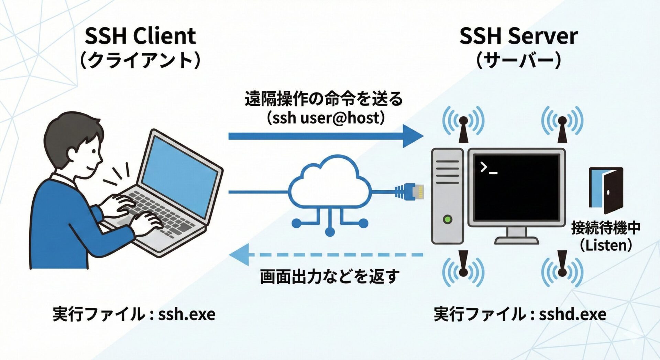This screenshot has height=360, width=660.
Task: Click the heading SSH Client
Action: pos(140,36)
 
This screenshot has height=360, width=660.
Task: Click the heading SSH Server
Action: pos(518,36)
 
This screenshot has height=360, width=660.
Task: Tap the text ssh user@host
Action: pos(325,118)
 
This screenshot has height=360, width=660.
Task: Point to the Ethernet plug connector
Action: pos(411,192)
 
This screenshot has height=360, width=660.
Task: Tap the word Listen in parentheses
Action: pos(606,245)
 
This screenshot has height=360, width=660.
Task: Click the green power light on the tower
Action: pos(448,219)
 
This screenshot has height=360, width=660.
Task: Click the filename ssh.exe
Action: pos(187,314)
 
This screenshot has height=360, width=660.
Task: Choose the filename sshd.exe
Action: pos(572,314)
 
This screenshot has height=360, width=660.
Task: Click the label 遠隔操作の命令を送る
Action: pos(323,99)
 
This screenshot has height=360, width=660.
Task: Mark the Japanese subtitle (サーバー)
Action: pos(518,61)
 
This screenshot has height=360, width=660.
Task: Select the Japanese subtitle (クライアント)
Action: pos(140,61)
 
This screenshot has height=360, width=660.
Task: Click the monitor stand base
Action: pos(517,240)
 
